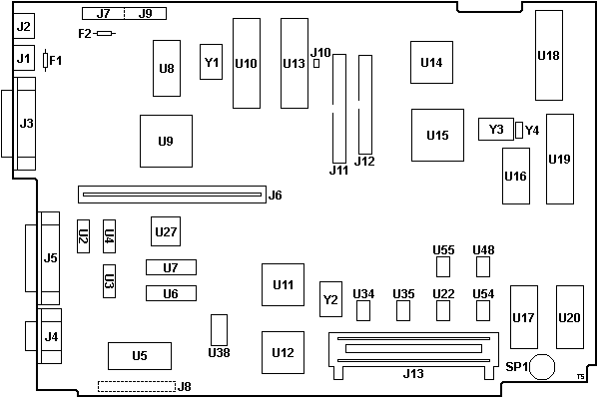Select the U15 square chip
(437, 135)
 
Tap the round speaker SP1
(542, 367)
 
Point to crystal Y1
(212, 62)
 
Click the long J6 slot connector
(171, 194)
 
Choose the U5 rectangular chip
(139, 355)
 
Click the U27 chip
(166, 232)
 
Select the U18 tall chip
(548, 55)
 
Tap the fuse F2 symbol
(104, 33)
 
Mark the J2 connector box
(25, 27)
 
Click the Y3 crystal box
(496, 130)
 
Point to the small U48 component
(484, 266)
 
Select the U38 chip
(220, 329)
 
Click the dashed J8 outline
(135, 385)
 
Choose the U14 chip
(431, 62)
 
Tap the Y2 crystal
(330, 298)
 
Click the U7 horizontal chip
(171, 267)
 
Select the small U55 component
(444, 266)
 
